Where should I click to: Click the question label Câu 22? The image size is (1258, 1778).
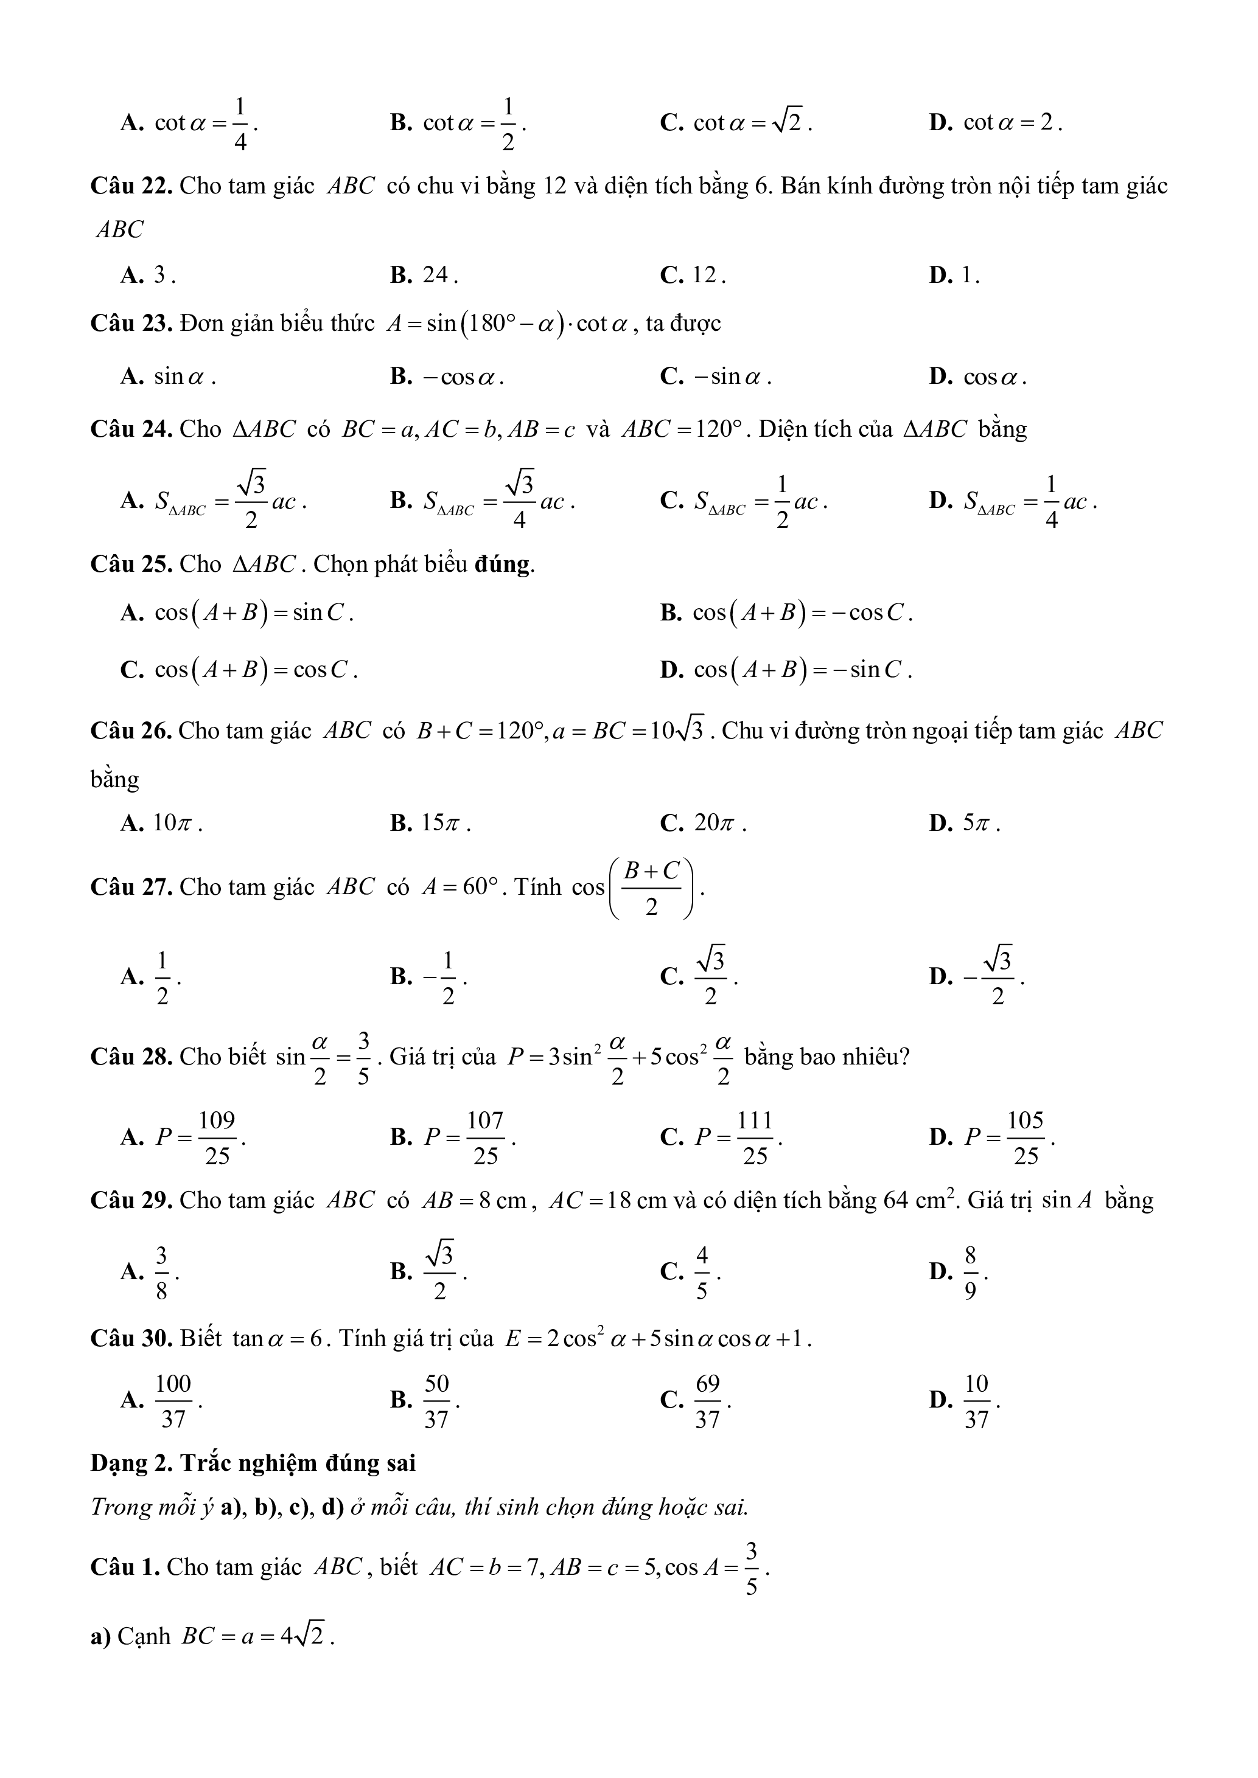131,187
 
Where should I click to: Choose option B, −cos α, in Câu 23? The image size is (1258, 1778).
463,377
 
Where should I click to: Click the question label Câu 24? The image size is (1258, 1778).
131,429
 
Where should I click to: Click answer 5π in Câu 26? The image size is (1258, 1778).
977,823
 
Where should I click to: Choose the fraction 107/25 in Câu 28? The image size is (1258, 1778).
486,1137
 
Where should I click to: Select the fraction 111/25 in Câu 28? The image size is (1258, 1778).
755,1137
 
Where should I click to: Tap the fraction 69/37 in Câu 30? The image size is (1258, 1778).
707,1401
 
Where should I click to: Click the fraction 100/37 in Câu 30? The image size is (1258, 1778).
173,1401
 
